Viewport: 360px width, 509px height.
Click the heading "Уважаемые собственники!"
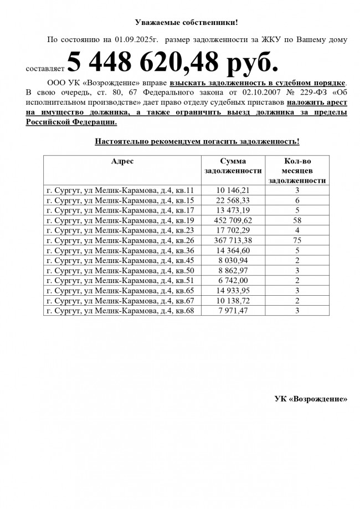[x=186, y=23]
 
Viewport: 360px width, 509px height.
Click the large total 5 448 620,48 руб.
[x=173, y=63]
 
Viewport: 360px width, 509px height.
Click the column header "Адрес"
[x=122, y=161]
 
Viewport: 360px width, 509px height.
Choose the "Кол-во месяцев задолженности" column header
[x=297, y=171]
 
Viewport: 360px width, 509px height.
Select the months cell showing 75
[x=297, y=240]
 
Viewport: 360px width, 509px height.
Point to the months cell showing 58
[x=297, y=220]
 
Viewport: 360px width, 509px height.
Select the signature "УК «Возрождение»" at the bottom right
[x=311, y=399]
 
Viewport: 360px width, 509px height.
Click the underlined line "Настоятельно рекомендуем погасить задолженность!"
[x=197, y=142]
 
